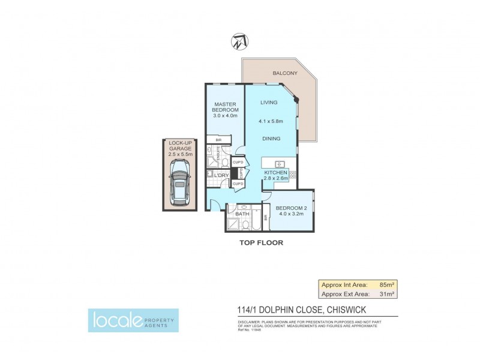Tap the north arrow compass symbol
[238, 41]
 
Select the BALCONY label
[284, 73]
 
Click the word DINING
[271, 139]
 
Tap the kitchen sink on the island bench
[280, 164]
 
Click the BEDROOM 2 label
[290, 209]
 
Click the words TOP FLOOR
[262, 243]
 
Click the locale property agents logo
[133, 320]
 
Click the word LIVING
[268, 103]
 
